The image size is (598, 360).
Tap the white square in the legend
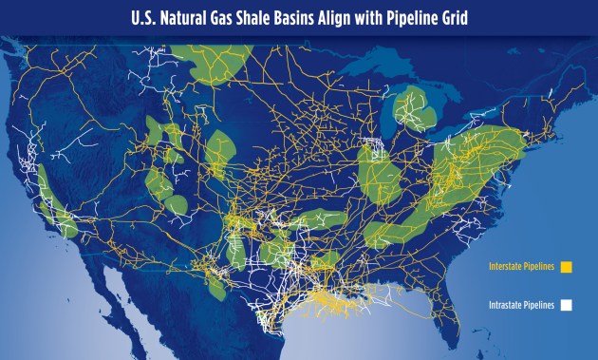[x=568, y=306]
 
